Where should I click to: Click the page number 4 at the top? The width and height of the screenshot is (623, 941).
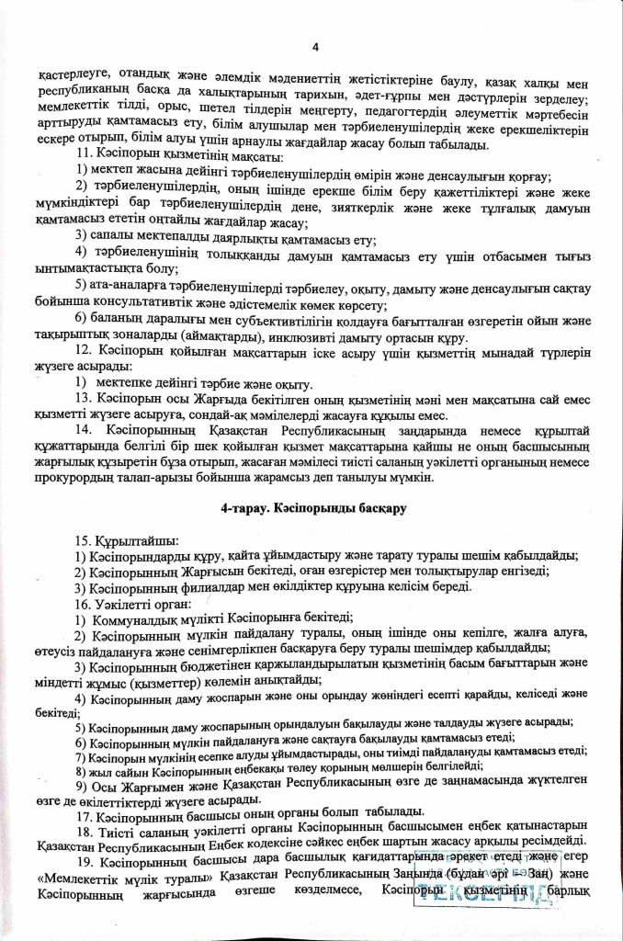(313, 48)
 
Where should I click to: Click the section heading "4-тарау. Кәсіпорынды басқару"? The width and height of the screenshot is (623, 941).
(313, 507)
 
